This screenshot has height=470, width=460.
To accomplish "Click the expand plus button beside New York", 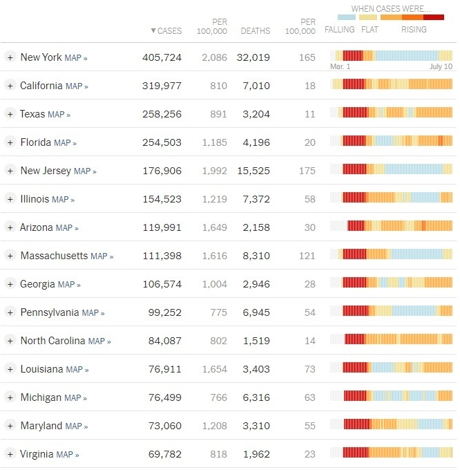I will [10, 57].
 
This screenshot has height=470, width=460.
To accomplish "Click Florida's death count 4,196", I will [253, 142].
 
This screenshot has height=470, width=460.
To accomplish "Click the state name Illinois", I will [35, 199].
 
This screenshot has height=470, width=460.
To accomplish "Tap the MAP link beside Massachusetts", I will [102, 256].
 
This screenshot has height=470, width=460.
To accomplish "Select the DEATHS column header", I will [255, 31].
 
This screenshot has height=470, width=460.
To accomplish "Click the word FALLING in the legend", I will [339, 30].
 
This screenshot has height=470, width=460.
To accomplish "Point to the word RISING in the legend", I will [414, 30].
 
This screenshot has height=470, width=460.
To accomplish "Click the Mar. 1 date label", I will [341, 67].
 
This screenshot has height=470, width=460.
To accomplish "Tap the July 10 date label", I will [441, 67].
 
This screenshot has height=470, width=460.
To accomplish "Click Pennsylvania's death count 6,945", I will [253, 312].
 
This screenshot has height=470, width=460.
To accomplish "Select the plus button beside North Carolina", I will [10, 341].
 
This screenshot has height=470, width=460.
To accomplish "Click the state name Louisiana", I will [41, 369].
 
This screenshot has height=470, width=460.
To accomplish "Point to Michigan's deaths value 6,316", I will [253, 397].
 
